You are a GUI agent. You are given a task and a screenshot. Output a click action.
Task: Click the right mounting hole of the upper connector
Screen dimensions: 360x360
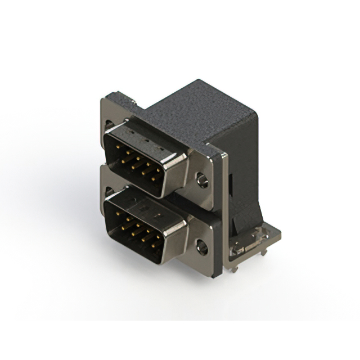click(202, 181)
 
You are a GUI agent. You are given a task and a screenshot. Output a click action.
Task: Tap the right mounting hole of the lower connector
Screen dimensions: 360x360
click(201, 245)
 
